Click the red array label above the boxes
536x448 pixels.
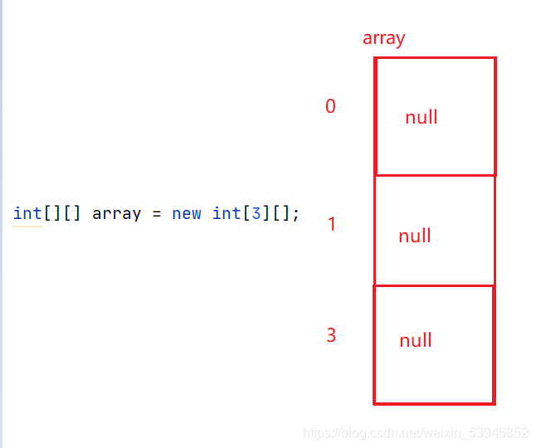tap(383, 39)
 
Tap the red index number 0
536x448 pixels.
tap(330, 106)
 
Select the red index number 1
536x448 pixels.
tap(332, 224)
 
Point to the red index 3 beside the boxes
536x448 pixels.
tap(331, 335)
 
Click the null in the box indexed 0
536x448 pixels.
tap(421, 117)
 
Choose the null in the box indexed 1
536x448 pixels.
tap(415, 236)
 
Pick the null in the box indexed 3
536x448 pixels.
tap(416, 340)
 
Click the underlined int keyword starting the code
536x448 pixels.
tap(27, 213)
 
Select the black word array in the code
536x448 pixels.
tap(116, 214)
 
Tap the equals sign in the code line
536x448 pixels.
tap(157, 215)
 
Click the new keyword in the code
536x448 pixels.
tap(187, 215)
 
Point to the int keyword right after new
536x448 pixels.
tap(227, 213)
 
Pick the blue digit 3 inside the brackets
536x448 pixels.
tap(256, 213)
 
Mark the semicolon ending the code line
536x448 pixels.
tap(295, 215)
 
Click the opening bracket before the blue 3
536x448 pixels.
tap(246, 214)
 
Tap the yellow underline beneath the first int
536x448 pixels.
tap(27, 226)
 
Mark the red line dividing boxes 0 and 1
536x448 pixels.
tap(435, 176)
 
